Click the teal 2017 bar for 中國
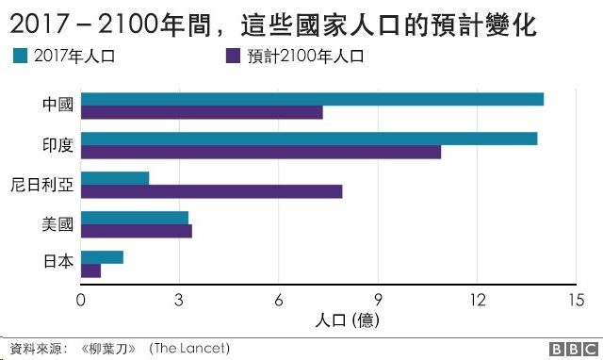[312, 99]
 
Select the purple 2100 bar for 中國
[202, 113]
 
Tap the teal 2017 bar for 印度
[309, 139]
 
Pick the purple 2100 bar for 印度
[261, 152]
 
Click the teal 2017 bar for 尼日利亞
[115, 178]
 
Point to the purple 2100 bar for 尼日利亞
[211, 191]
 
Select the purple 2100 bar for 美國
[137, 231]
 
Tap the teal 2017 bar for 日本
[102, 257]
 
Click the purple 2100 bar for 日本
[90, 270]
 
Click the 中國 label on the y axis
[58, 106]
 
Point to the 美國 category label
[58, 224]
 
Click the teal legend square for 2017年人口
[19, 57]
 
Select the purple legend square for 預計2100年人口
[233, 57]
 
